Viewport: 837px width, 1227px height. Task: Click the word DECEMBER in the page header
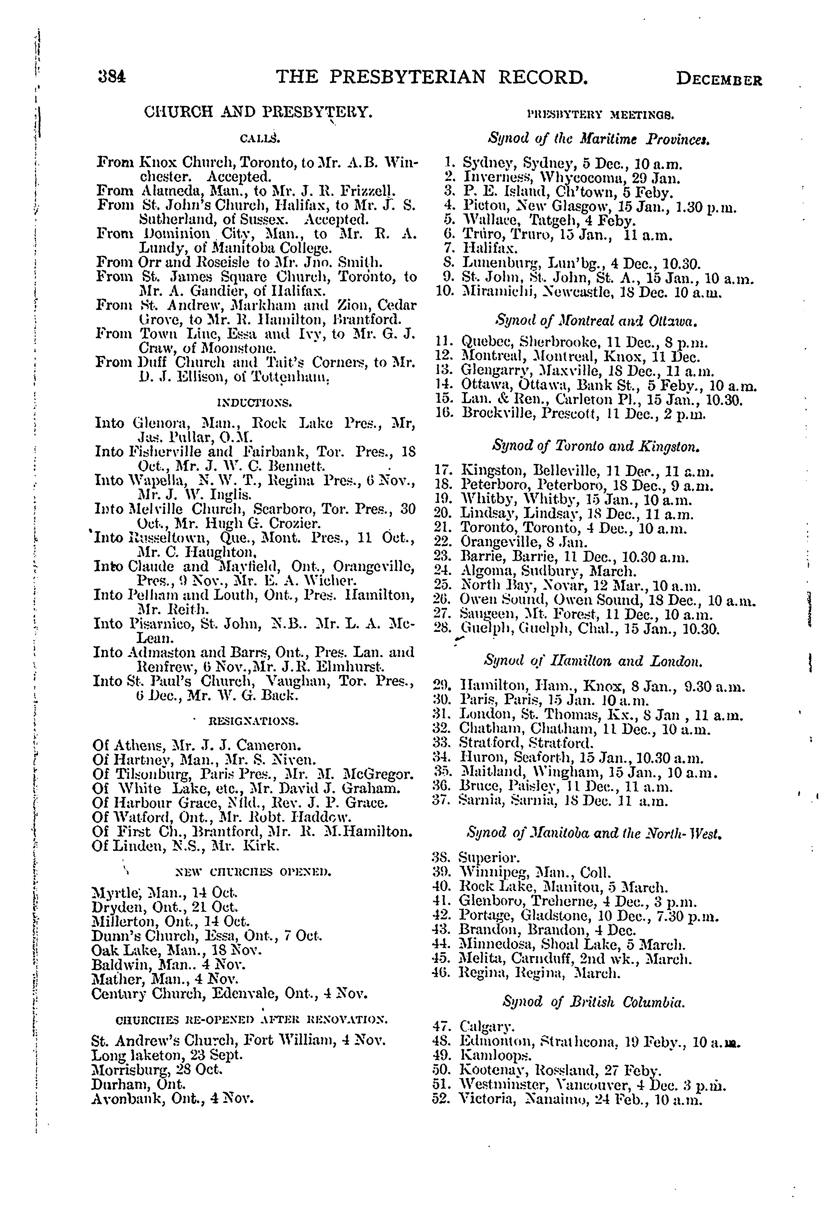point(719,80)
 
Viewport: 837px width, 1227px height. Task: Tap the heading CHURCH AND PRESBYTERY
point(258,112)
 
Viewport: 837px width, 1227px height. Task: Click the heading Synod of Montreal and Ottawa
point(596,321)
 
